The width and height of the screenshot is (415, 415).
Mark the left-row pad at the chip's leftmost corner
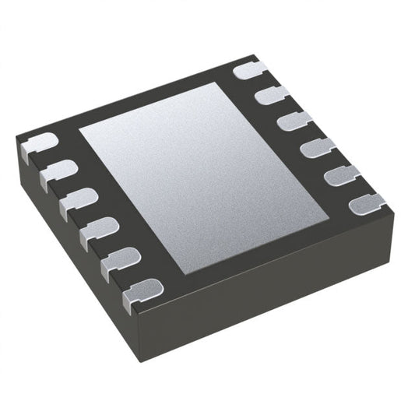point(37,143)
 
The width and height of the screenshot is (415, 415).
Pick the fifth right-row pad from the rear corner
point(341,174)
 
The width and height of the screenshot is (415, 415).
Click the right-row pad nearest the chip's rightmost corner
point(367,206)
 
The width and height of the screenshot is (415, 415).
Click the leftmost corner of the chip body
point(17,140)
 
